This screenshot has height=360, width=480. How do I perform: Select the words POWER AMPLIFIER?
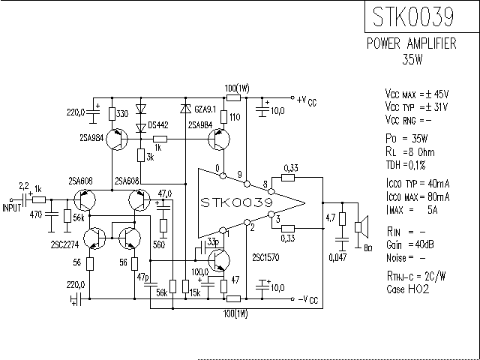[x=411, y=44]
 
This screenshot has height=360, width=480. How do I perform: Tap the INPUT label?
[x=12, y=208]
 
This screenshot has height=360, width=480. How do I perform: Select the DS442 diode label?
[x=158, y=124]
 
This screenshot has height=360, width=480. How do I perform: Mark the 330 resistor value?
[x=124, y=113]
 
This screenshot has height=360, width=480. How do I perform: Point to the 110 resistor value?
[x=235, y=117]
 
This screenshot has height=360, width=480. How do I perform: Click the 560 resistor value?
[x=160, y=244]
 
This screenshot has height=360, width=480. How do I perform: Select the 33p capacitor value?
[x=213, y=241]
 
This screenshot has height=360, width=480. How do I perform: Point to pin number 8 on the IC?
[x=264, y=184]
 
